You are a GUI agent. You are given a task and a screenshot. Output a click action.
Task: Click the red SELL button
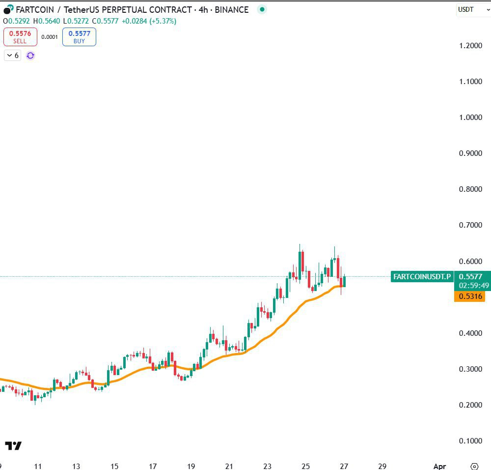point(20,37)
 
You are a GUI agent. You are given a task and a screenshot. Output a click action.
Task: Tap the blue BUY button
point(79,37)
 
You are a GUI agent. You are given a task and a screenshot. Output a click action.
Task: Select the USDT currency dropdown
point(470,9)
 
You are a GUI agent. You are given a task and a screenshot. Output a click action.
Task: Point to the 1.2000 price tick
point(470,46)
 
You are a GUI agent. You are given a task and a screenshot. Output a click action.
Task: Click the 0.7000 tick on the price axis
point(470,225)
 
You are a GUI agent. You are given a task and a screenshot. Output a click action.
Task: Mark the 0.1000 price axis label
point(470,441)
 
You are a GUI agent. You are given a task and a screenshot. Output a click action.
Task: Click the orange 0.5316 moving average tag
point(469,296)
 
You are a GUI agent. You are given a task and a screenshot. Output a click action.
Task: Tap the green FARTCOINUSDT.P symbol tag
point(422,277)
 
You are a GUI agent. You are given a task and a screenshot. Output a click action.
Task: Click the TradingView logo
point(13,446)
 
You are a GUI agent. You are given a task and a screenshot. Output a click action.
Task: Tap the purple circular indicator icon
point(30,56)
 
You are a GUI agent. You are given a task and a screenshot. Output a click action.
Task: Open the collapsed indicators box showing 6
point(12,56)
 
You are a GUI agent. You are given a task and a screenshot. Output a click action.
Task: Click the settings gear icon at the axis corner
point(474,466)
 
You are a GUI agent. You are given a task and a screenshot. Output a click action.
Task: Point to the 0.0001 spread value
point(49,37)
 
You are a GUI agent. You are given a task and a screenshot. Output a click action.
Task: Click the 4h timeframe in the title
point(204,9)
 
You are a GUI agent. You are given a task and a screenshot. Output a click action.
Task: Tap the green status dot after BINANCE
point(262,9)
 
